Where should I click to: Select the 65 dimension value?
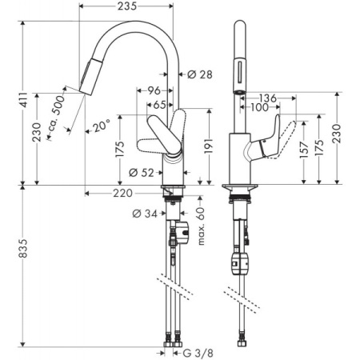159,104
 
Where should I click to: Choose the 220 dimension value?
123,193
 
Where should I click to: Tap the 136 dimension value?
268,98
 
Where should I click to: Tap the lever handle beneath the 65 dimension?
161,134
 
